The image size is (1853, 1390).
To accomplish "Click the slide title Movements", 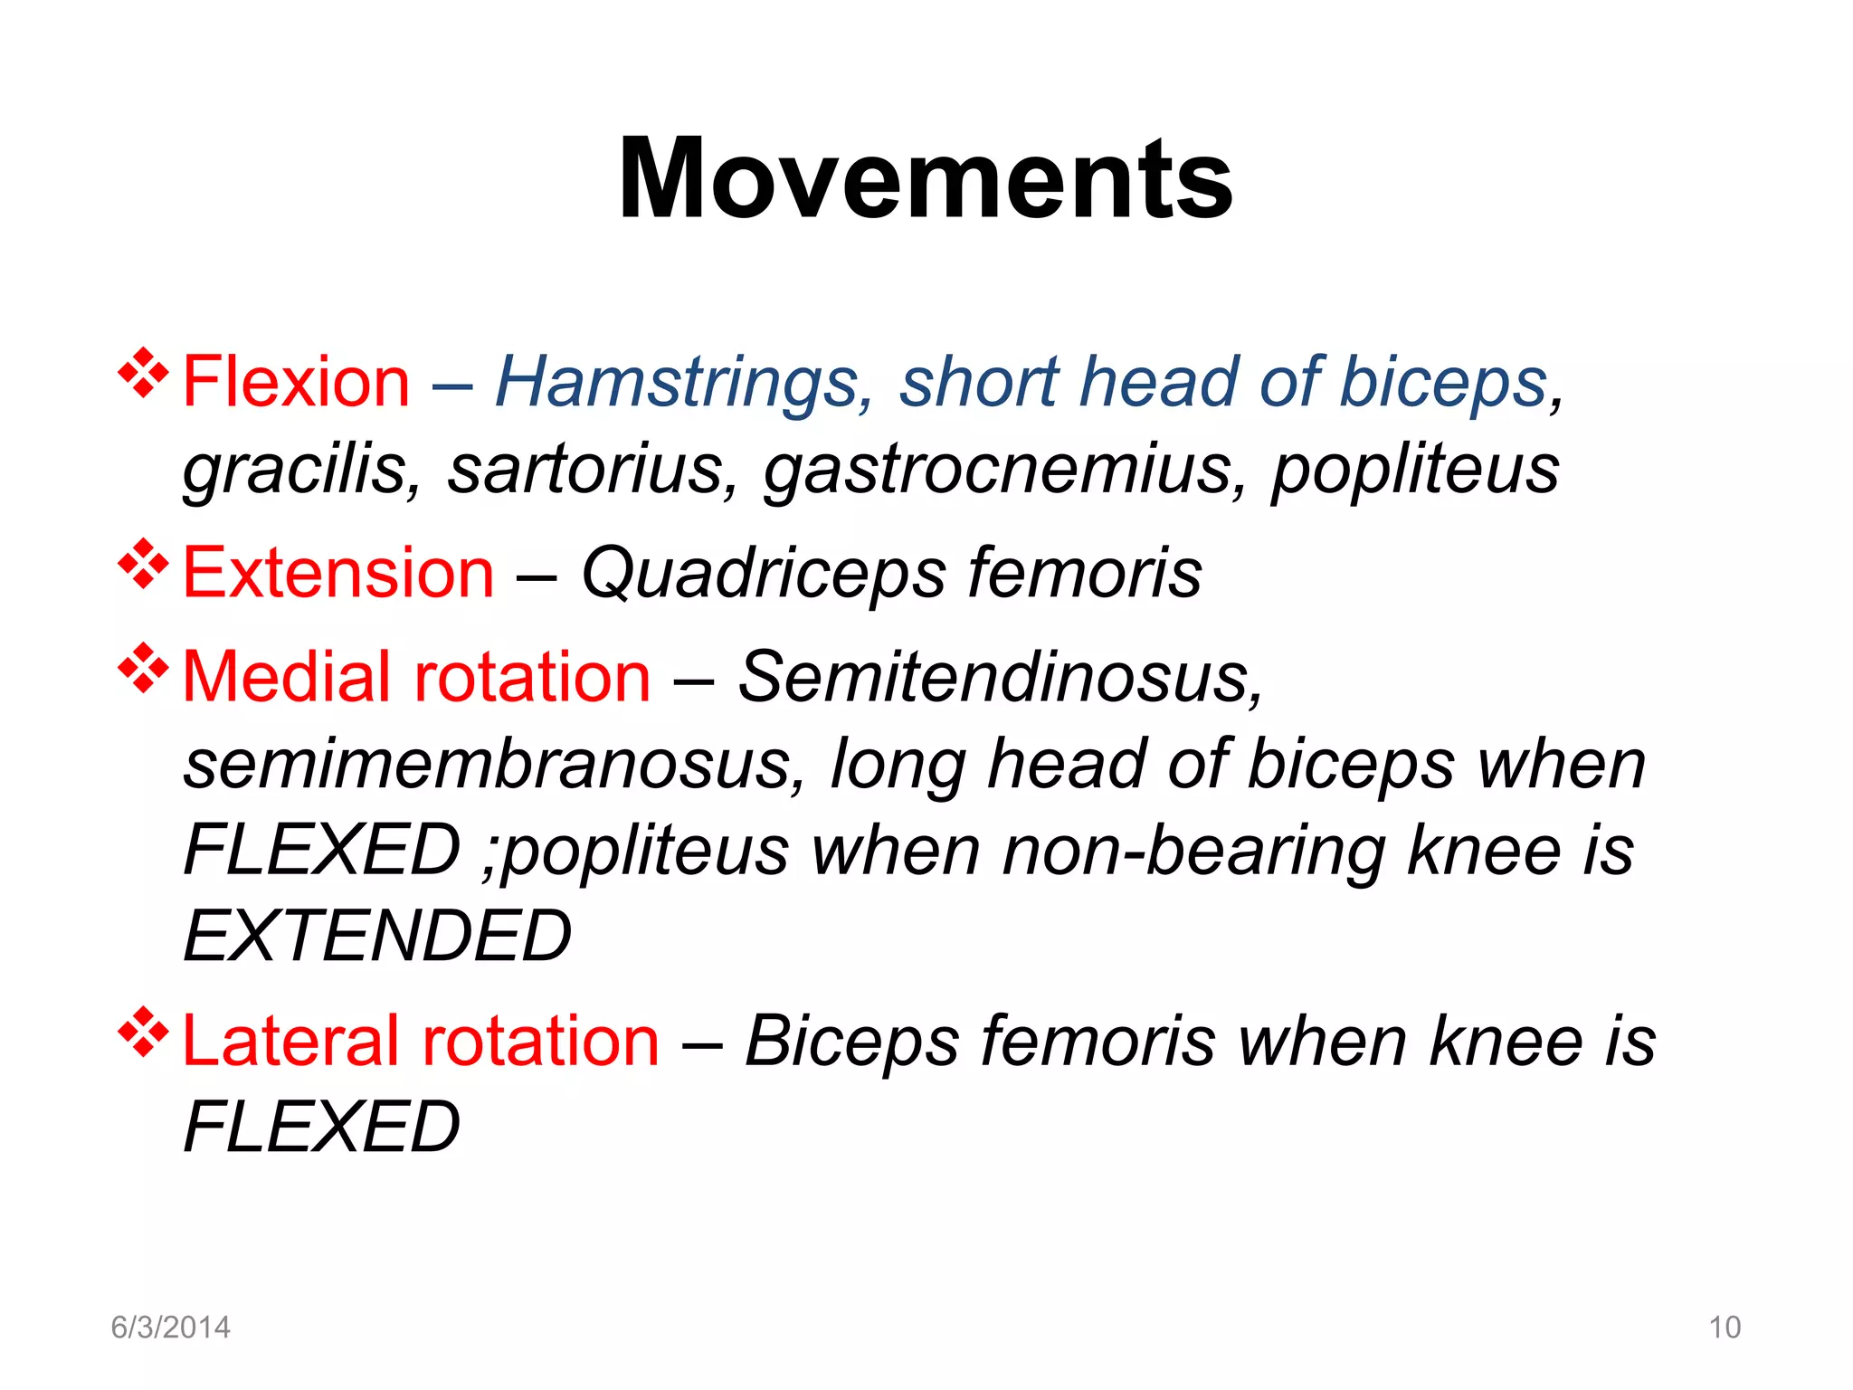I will [925, 178].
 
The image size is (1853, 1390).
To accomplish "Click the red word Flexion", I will [296, 382].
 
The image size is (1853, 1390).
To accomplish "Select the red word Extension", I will [338, 573].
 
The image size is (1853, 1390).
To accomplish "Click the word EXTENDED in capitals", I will [377, 937].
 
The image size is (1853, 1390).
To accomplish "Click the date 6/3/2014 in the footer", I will [170, 1328].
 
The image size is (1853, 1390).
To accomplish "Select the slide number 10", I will [1725, 1328].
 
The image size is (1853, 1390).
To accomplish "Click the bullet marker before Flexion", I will [143, 373].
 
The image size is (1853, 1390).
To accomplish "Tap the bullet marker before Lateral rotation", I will [143, 1032].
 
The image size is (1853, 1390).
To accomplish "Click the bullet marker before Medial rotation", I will [143, 668].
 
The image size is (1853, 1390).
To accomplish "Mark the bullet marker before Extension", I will [143, 564].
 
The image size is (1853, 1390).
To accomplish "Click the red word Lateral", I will [290, 1041].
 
